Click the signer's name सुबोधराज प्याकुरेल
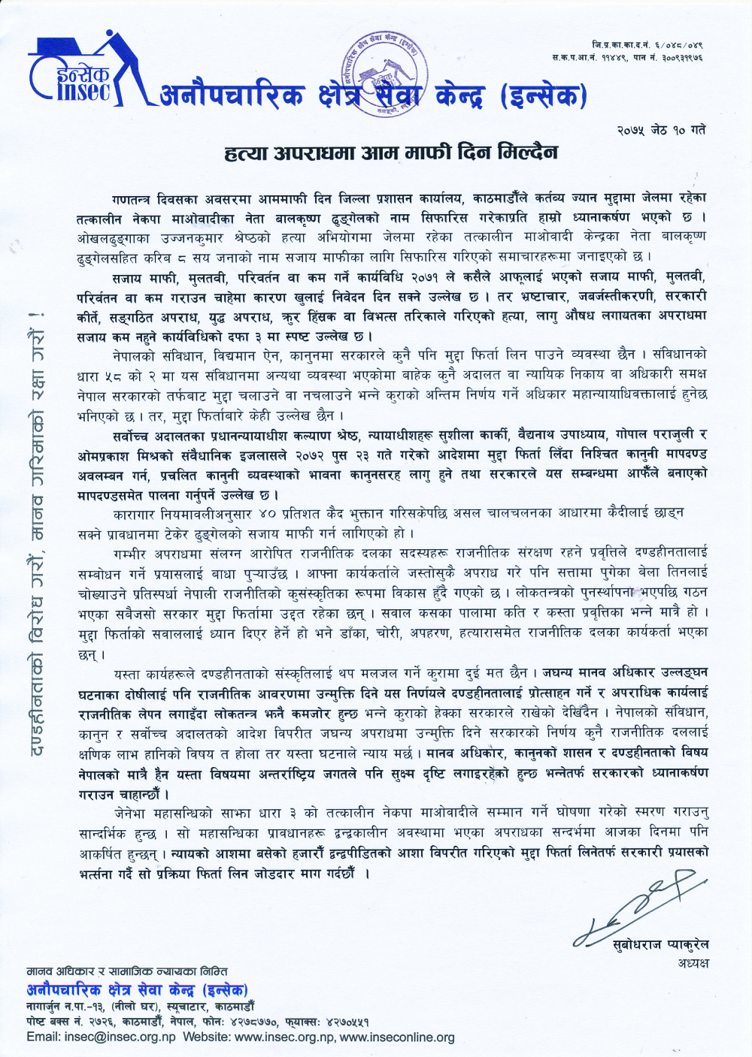coord(660,945)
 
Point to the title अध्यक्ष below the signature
coord(693,963)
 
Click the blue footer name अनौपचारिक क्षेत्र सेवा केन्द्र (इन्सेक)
coord(137,990)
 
